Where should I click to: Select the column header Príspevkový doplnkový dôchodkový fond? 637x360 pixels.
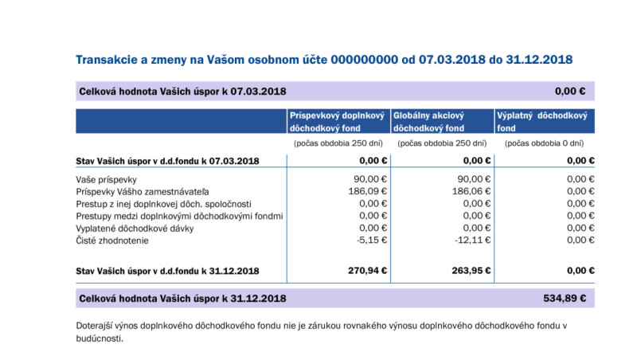point(337,121)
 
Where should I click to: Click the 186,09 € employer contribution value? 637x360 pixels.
point(369,191)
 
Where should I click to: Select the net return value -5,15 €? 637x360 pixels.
point(372,240)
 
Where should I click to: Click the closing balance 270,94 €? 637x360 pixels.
point(367,270)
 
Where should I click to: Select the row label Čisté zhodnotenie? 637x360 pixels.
point(112,240)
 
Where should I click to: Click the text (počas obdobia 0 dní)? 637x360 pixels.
point(544,143)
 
